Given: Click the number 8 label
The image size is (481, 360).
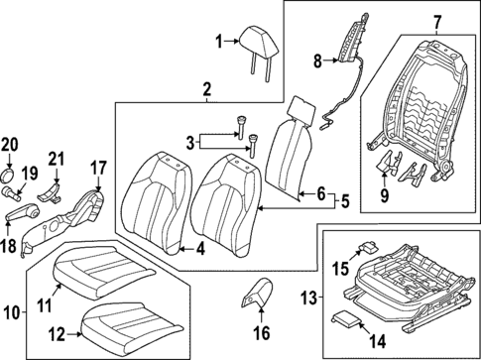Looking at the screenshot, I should pyautogui.click(x=318, y=60).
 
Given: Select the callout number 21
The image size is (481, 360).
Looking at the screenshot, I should pyautogui.click(x=56, y=157).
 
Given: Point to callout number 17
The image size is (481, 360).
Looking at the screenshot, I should pyautogui.click(x=98, y=168).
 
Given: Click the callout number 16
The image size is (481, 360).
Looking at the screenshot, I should pyautogui.click(x=262, y=332).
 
